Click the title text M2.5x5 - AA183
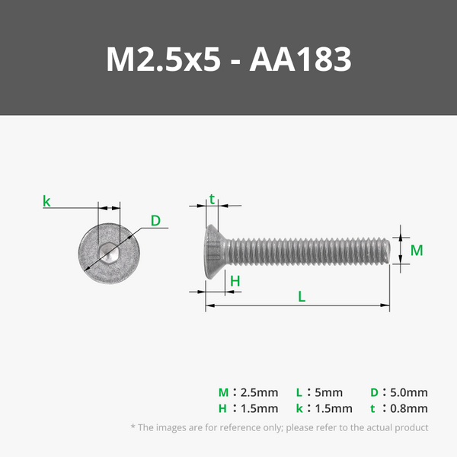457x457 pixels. (x=228, y=59)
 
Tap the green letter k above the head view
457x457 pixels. (x=46, y=201)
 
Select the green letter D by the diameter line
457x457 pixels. (x=155, y=221)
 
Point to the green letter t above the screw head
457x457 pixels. (x=212, y=200)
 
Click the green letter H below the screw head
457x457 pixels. (x=235, y=281)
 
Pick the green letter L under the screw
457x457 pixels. (x=302, y=296)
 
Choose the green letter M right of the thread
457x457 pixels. (x=417, y=251)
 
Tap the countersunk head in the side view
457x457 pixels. (x=216, y=252)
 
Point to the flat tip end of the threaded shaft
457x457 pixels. (x=388, y=251)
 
